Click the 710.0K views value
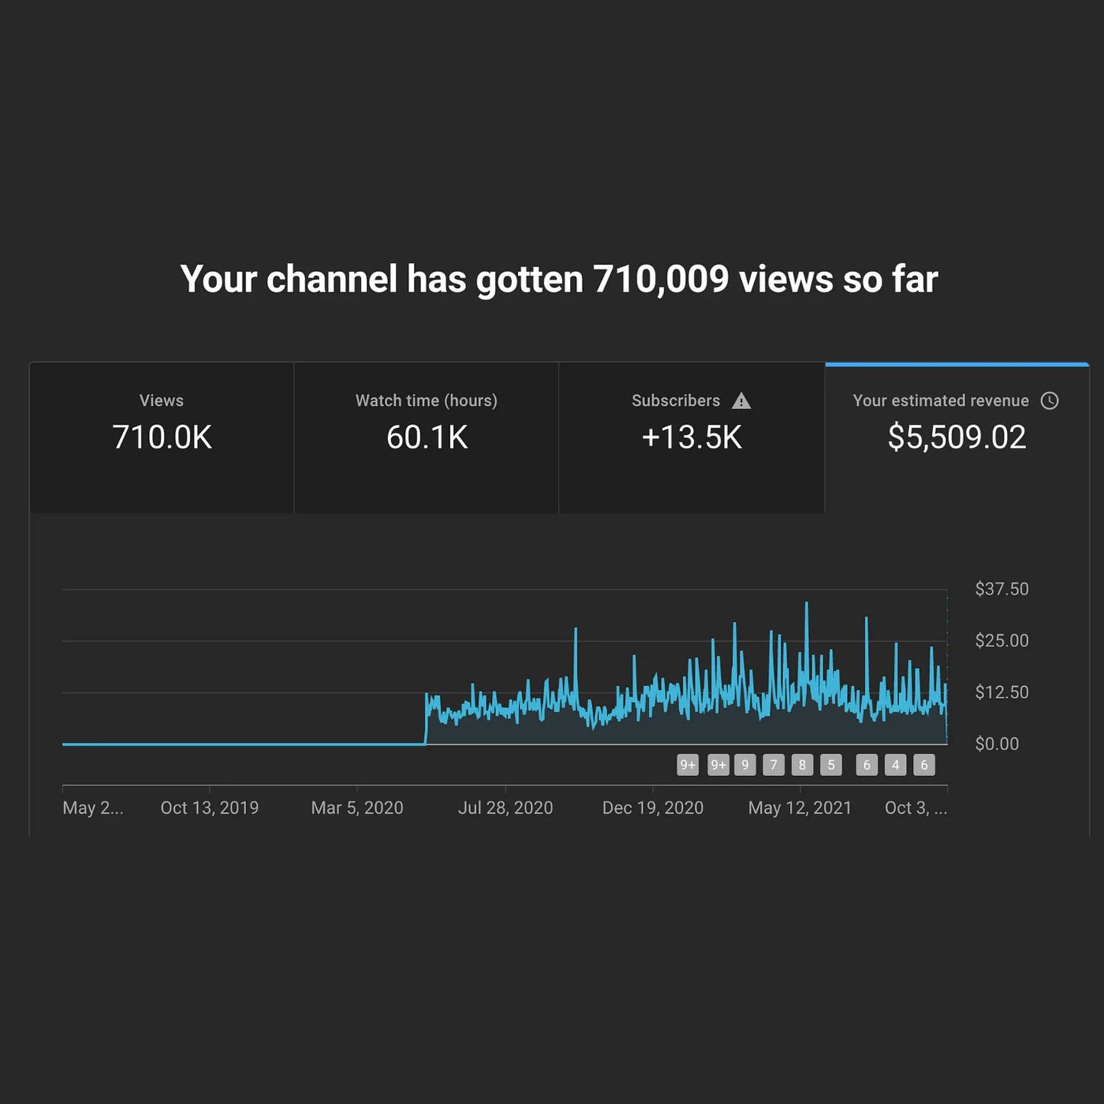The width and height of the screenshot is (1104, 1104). click(x=162, y=438)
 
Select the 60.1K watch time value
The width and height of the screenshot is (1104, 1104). click(x=426, y=438)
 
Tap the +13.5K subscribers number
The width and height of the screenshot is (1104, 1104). click(x=691, y=438)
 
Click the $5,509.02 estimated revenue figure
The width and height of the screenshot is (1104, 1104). click(x=957, y=438)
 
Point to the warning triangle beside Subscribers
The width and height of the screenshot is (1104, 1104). click(x=741, y=401)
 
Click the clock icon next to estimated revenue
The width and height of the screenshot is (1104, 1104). click(x=1050, y=401)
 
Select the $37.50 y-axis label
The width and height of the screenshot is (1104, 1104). click(x=1001, y=589)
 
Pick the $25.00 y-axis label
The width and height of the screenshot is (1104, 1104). click(x=1001, y=641)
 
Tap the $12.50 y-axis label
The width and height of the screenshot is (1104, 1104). click(x=1001, y=692)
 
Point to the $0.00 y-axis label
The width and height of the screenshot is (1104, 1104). click(x=996, y=744)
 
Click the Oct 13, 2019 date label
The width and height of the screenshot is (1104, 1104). click(x=209, y=808)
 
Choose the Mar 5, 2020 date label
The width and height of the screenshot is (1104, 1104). click(x=357, y=808)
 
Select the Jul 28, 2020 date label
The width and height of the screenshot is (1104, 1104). click(x=505, y=808)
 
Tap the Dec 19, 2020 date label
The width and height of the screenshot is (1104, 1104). click(x=652, y=808)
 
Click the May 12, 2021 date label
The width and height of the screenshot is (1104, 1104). click(x=799, y=808)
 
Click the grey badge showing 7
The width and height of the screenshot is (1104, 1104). click(x=773, y=765)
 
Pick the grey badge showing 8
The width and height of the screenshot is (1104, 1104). click(x=802, y=765)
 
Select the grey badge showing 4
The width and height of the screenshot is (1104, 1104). click(x=895, y=765)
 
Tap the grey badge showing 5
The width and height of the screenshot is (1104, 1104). click(x=831, y=765)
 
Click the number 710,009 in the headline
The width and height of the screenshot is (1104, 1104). click(x=661, y=280)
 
